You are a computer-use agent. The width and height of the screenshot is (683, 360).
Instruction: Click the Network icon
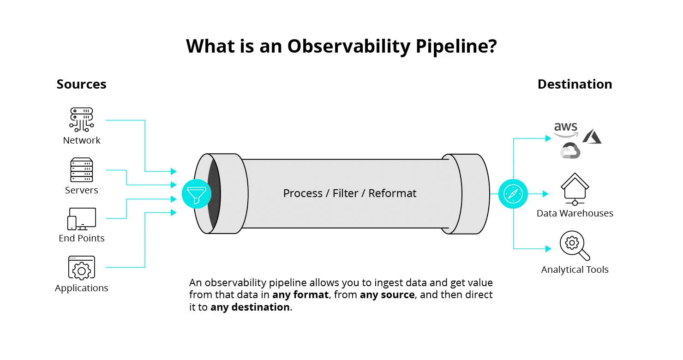81,120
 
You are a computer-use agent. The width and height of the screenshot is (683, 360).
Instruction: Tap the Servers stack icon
81,170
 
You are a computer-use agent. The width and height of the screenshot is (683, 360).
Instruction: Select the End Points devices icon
81,219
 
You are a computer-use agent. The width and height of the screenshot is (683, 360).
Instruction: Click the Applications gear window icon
81,268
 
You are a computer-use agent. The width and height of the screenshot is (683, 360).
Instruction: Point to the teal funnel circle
197,194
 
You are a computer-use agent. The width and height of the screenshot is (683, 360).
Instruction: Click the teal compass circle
513,194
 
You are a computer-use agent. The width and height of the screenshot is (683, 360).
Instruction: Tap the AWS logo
566,130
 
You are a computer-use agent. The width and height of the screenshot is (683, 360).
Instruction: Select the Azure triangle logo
592,136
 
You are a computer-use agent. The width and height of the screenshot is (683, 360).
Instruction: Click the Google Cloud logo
570,150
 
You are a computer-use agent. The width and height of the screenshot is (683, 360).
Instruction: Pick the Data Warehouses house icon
575,189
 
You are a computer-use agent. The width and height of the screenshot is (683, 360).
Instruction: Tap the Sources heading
81,84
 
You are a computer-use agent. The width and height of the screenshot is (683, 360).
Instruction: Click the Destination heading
575,84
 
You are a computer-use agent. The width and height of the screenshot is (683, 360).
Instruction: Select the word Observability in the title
348,47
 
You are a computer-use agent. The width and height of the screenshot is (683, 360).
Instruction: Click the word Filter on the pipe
346,193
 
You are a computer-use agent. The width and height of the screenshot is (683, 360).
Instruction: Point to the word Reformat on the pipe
392,193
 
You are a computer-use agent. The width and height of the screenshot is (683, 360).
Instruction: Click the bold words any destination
250,307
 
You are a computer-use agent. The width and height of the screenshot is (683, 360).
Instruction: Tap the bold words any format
300,295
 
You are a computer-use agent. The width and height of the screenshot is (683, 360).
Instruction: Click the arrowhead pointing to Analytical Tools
548,249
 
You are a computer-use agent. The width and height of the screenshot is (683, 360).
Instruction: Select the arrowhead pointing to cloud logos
548,138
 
